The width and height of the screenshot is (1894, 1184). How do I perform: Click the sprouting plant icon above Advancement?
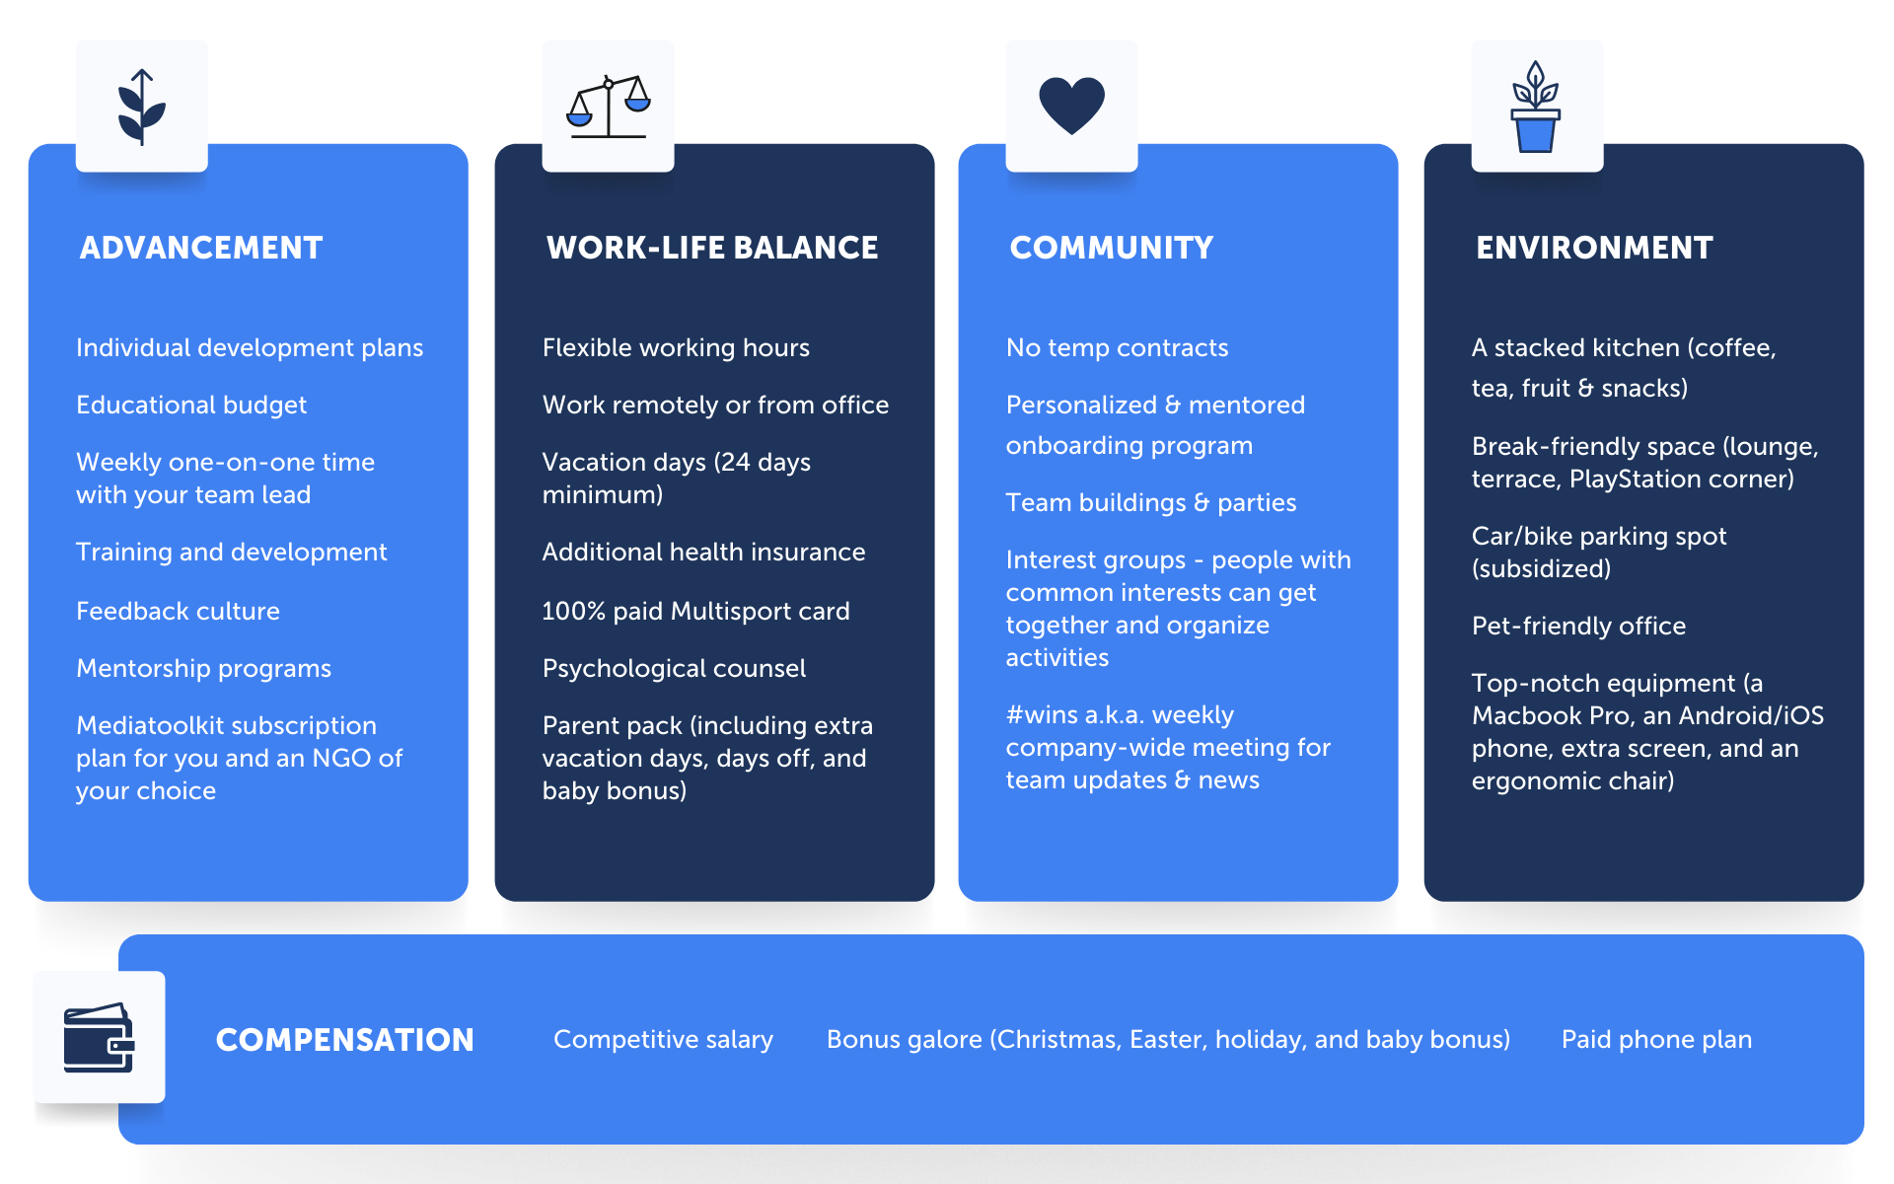[x=142, y=107]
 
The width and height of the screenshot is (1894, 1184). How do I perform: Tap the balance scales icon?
[x=609, y=107]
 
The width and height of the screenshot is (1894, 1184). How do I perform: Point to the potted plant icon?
[x=1536, y=107]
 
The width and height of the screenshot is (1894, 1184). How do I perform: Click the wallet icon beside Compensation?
[x=100, y=1037]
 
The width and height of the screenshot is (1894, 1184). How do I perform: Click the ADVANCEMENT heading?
[x=201, y=248]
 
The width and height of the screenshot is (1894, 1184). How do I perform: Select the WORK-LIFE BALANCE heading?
[x=712, y=248]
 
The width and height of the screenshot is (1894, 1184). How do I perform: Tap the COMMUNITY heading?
[x=1112, y=248]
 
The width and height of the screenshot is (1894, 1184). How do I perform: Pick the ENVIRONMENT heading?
[x=1594, y=248]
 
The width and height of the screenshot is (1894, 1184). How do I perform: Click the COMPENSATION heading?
[x=345, y=1040]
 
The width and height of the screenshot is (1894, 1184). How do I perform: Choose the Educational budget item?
[x=191, y=406]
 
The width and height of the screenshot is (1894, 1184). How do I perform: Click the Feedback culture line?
[x=178, y=611]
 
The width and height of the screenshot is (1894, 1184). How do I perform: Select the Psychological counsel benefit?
[x=674, y=669]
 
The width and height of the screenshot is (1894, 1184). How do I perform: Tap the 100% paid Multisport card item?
[x=695, y=612]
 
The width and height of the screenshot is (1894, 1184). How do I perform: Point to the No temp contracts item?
[x=1117, y=348]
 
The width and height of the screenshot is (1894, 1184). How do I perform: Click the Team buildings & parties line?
[x=1151, y=503]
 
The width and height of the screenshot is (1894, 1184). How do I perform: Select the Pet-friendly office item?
[x=1578, y=627]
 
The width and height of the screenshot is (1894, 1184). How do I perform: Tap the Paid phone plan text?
[x=1656, y=1040]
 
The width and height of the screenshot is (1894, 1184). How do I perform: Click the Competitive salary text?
[x=663, y=1040]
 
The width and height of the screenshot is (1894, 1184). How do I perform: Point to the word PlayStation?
[x=1641, y=480]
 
